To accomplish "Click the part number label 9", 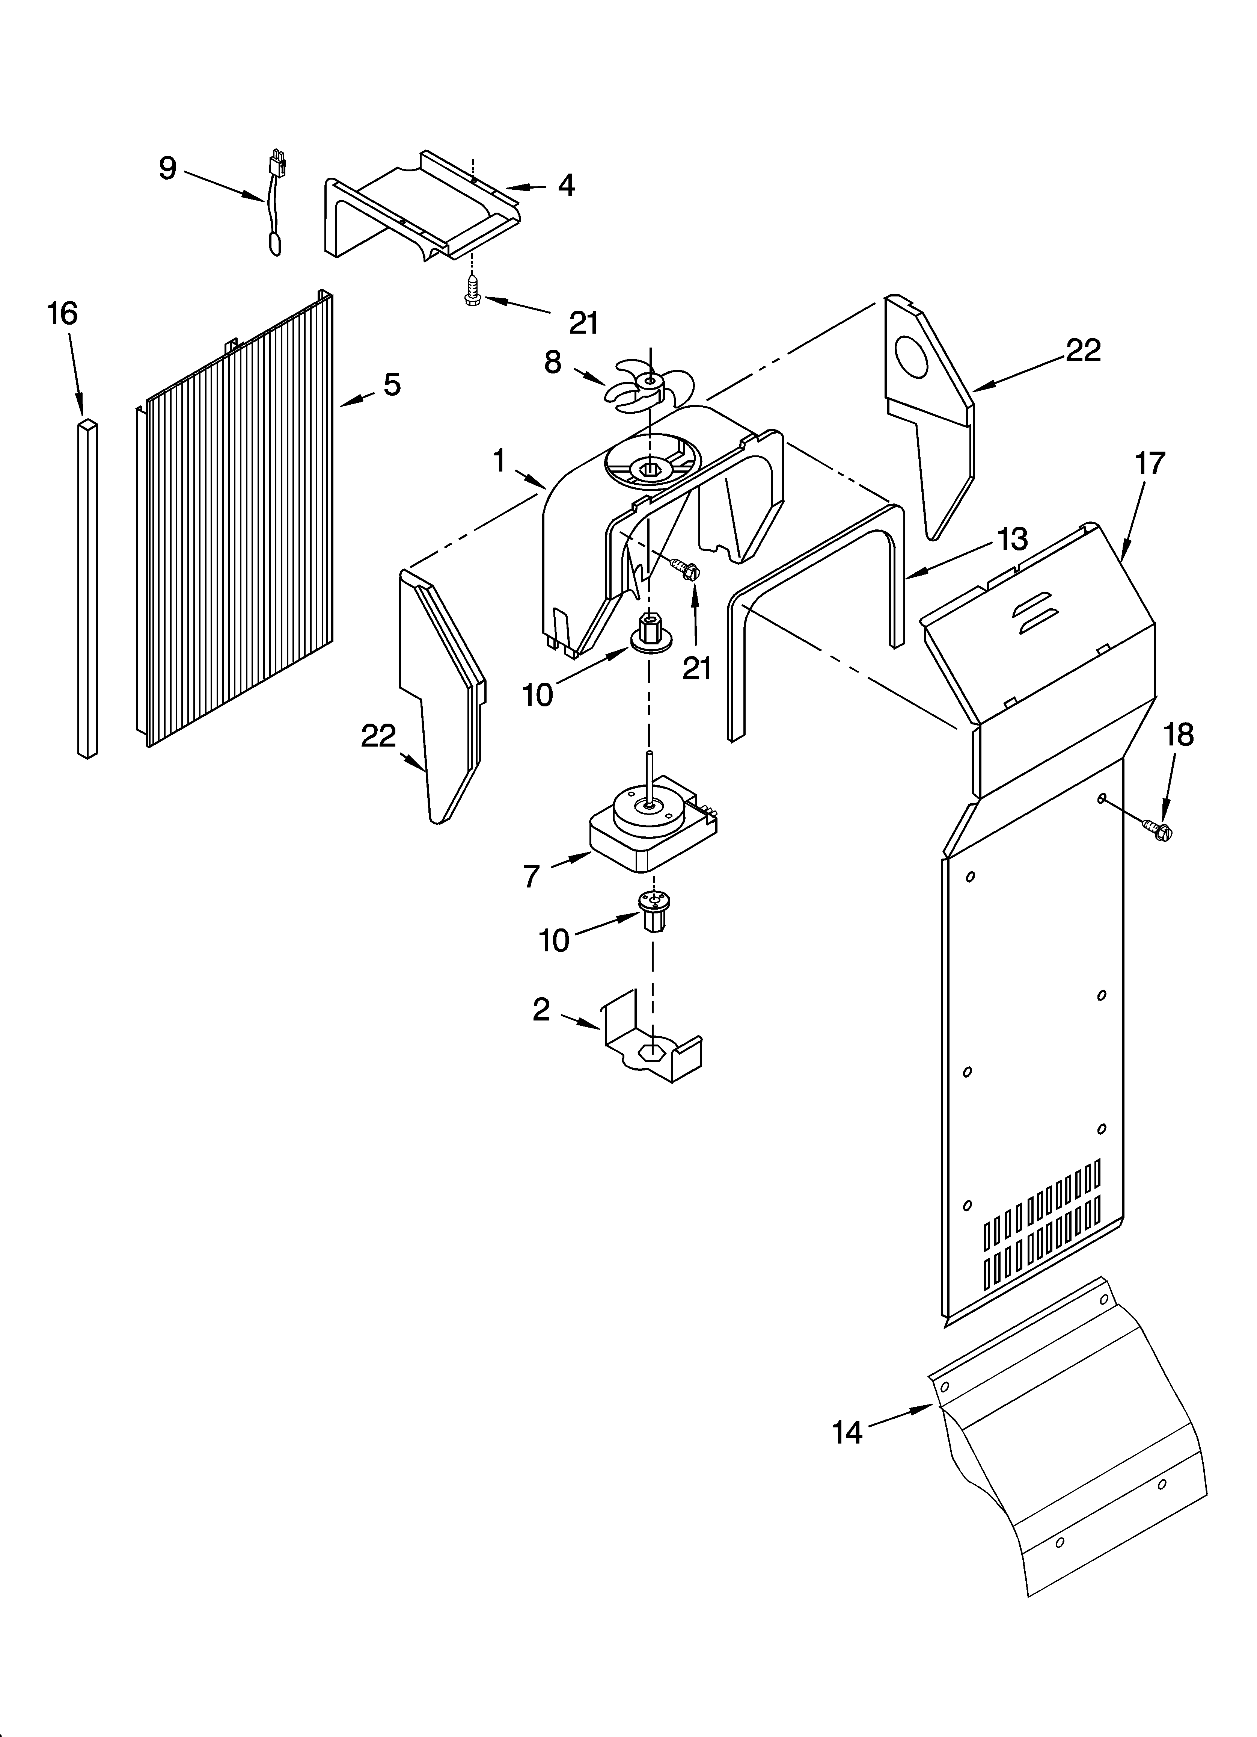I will point(168,168).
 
